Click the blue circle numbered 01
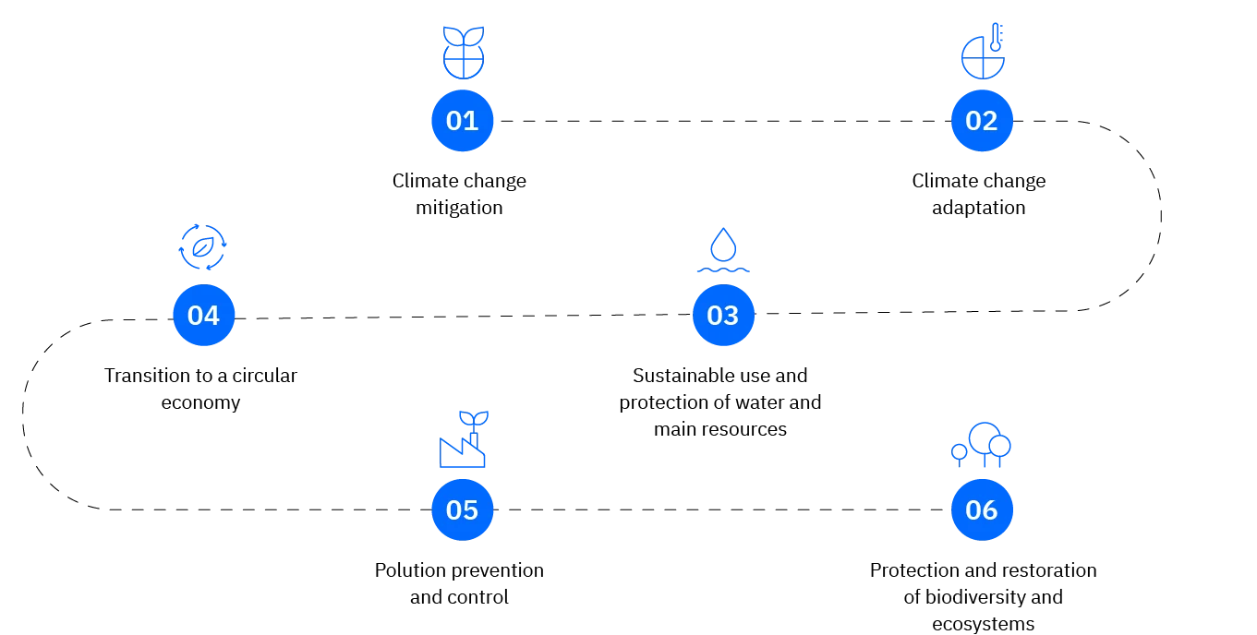462,121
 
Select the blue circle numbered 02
981,121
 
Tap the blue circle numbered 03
722,315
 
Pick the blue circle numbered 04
203,315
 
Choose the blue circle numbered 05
462,509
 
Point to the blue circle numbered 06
981,509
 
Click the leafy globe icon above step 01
464,52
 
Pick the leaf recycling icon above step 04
202,246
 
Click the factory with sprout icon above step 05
464,440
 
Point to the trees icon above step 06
981,444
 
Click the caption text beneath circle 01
461,194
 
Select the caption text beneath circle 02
979,194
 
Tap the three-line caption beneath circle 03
720,401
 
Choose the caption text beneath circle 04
203,389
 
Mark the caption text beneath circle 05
458,583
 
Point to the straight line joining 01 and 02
720,121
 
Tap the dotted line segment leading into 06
854,507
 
